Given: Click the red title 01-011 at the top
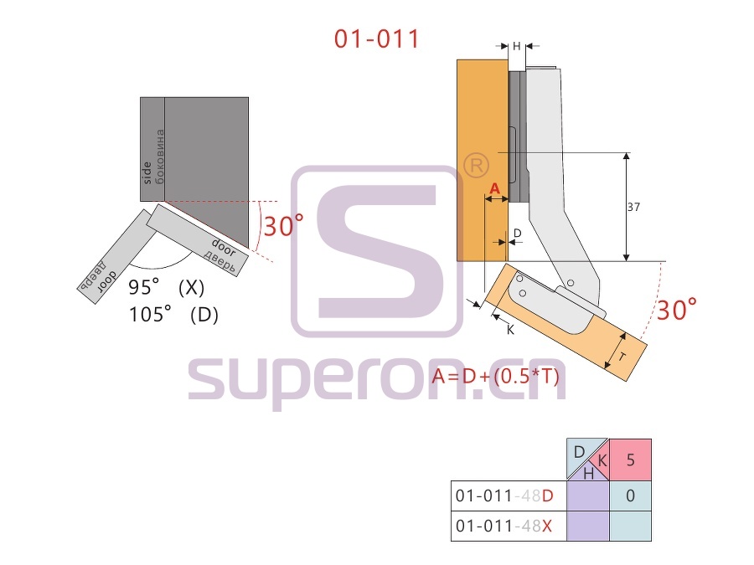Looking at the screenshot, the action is pos(376,39).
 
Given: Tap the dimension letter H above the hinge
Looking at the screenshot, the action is pos(516,46).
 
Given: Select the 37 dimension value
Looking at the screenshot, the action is pos(633,207).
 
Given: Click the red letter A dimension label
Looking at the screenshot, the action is pos(494,188).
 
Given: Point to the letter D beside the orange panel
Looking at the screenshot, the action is pos(518,233).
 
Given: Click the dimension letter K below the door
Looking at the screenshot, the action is pos(510,330).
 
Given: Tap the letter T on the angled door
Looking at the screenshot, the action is pos(622,357).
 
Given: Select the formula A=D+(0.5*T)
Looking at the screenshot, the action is pos(496,376).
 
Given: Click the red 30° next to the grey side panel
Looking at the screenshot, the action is pos(284,225).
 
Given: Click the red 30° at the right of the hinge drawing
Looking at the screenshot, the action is pos(677,309).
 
